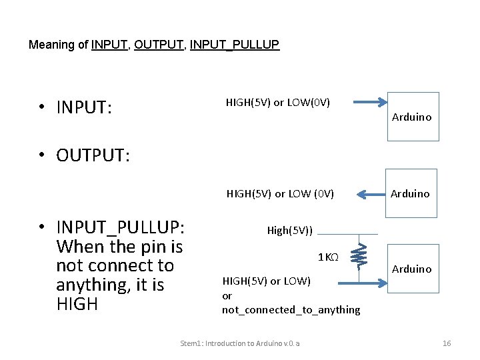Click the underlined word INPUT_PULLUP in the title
coord(235,45)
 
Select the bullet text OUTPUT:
coord(93,155)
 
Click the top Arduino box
coord(413,117)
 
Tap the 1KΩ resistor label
coord(329,257)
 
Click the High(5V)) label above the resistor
coord(290,231)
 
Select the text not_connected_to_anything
coord(291,310)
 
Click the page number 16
coord(447,343)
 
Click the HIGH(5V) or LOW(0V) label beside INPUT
coord(278,103)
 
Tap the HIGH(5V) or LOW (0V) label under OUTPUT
coord(280,194)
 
